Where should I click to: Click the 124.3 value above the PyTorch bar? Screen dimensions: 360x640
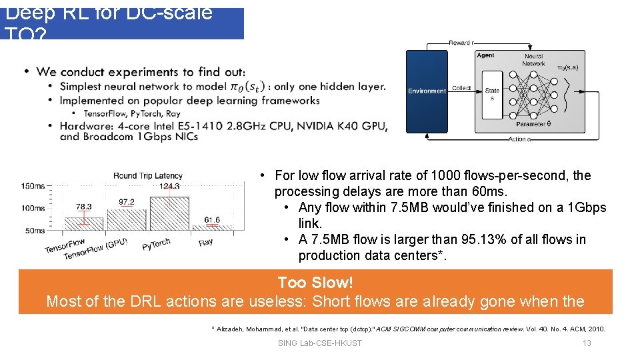pos(170,186)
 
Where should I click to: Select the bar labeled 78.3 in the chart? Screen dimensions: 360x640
pos(84,224)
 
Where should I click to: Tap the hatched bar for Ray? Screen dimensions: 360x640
pos(211,229)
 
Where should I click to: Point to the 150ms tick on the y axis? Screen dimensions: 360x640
pos(33,186)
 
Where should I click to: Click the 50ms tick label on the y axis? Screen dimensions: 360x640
pos(35,231)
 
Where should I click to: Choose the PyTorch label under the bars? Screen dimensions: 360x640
pos(157,245)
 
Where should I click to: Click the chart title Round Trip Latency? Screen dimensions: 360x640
pos(147,175)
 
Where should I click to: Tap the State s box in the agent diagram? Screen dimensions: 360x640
pos(492,94)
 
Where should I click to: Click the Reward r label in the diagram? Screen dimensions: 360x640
pos(461,43)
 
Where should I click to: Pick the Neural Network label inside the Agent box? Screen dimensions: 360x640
pos(533,60)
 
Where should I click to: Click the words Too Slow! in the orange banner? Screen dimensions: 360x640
pos(315,283)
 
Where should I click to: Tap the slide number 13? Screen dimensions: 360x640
pos(587,343)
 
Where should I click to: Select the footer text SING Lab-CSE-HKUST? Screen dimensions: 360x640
pos(319,343)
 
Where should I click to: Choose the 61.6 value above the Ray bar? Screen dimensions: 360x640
pos(211,220)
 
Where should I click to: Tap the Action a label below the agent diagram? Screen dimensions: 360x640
pos(519,139)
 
